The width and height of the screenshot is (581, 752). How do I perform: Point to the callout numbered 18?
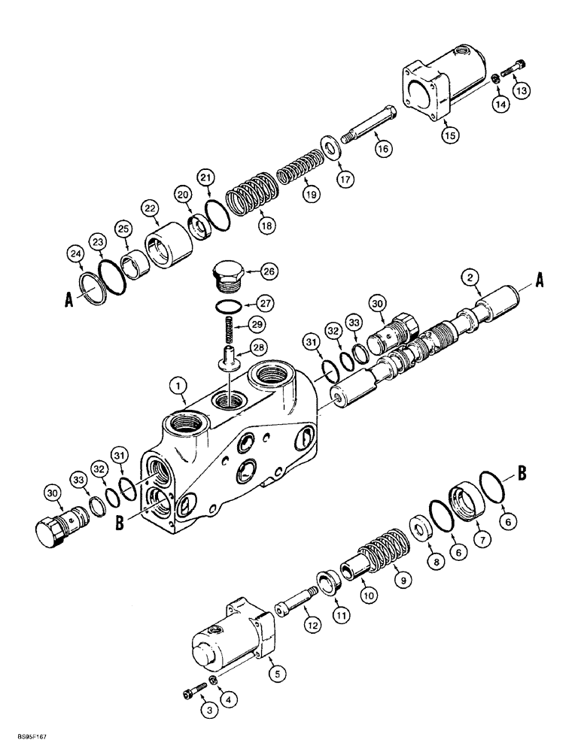pyautogui.click(x=266, y=224)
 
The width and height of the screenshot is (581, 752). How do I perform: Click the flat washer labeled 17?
pyautogui.click(x=330, y=145)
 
